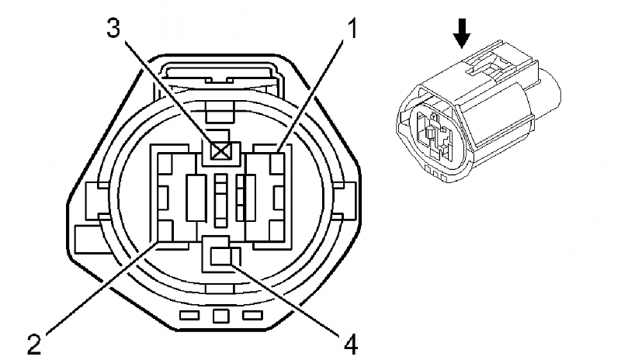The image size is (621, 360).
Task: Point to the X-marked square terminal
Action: (x=222, y=151)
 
